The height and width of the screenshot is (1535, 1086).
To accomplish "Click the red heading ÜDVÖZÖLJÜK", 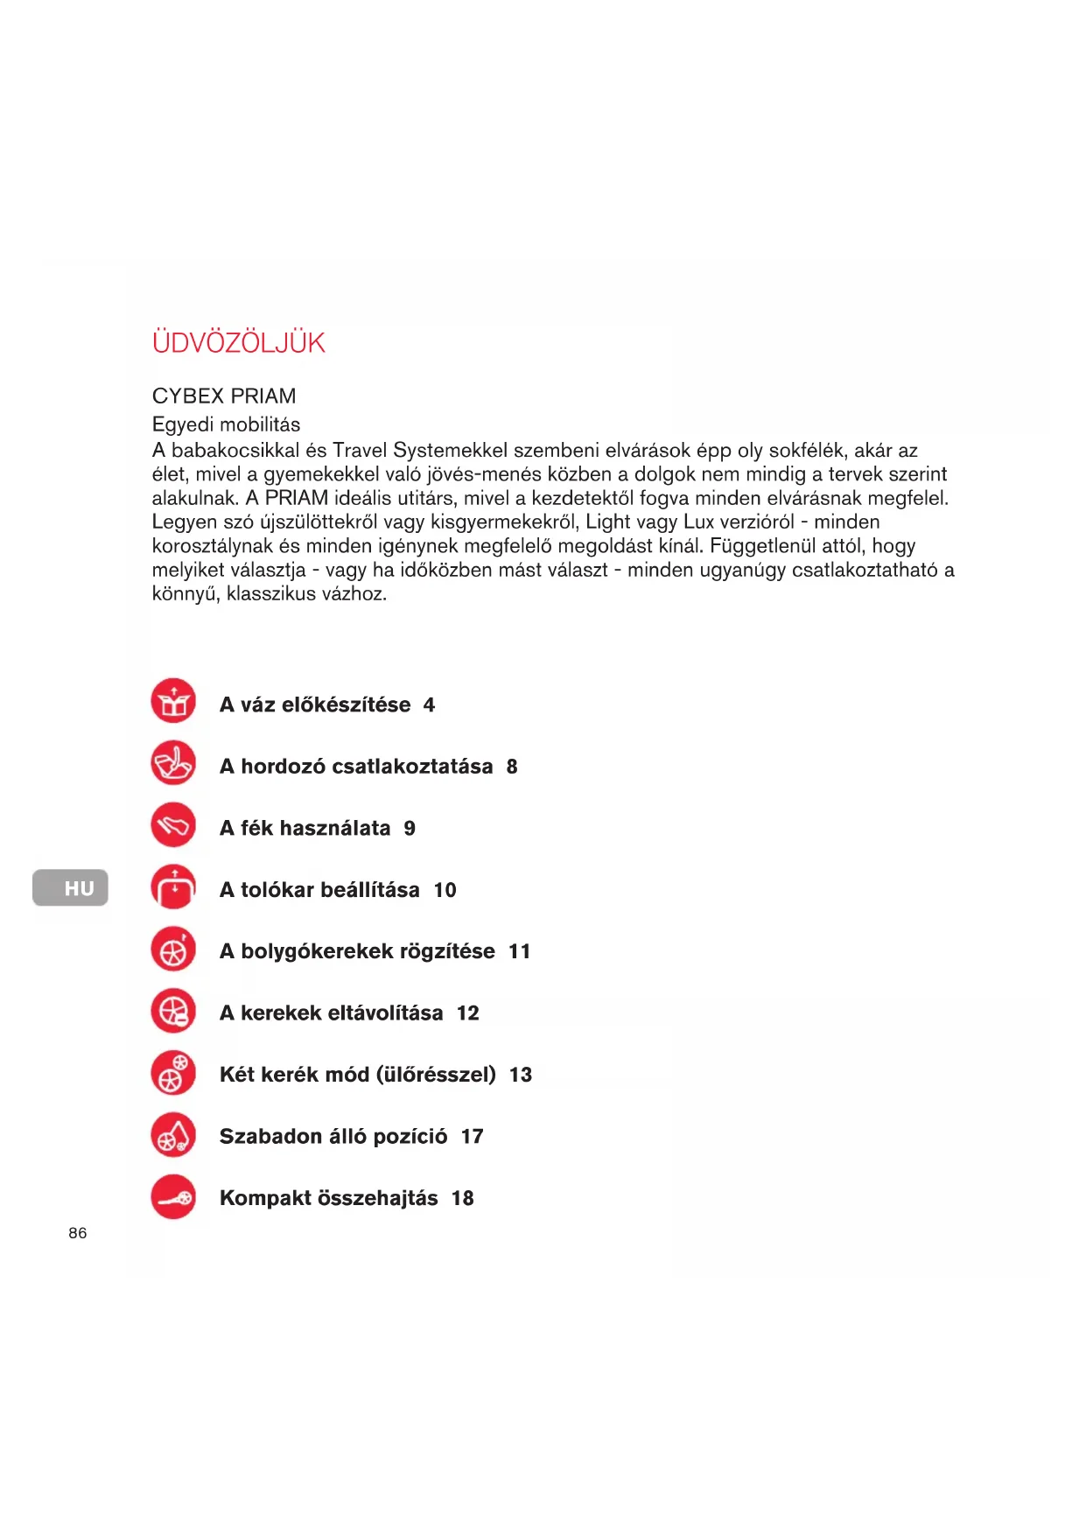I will click(x=238, y=342).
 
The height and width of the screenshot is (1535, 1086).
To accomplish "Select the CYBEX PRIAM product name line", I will click(x=224, y=396).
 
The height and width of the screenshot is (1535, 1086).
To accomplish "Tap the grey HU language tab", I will click(x=71, y=888).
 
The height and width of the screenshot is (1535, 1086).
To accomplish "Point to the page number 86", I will click(x=78, y=1233).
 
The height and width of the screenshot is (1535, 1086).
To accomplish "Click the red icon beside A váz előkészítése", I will click(x=173, y=702).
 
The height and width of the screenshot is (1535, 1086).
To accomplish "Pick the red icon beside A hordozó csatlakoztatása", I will click(x=173, y=764).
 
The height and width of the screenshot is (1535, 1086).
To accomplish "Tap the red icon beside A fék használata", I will click(x=173, y=825).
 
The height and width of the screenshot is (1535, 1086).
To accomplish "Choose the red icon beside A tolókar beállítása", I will click(x=173, y=887).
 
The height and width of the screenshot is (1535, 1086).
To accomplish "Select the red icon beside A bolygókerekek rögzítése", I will click(x=173, y=950).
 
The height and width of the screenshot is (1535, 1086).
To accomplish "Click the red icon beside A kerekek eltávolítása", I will click(x=173, y=1012).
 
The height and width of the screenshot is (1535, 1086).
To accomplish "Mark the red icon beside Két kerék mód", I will click(x=173, y=1073).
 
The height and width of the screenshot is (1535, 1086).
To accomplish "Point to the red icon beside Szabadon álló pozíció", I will click(x=173, y=1135).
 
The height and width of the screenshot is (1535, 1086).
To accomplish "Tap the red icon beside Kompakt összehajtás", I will click(x=173, y=1197).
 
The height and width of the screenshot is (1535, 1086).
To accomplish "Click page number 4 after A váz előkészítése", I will click(x=429, y=705).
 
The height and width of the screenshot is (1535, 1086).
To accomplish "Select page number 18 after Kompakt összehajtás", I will click(x=463, y=1198).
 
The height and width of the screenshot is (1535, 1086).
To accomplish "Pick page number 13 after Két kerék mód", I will click(x=521, y=1075).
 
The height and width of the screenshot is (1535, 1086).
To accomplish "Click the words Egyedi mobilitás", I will click(x=226, y=424).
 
